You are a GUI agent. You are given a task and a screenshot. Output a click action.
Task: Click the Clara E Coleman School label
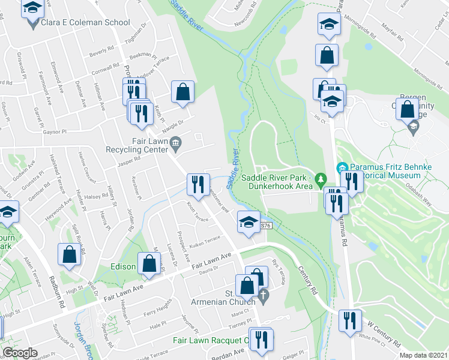tap(85, 23)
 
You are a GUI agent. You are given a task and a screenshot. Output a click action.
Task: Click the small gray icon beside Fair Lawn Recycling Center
tap(175, 142)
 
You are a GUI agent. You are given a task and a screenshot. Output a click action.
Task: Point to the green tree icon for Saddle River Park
tap(321, 179)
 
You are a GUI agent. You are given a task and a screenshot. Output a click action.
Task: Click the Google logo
tap(20, 353)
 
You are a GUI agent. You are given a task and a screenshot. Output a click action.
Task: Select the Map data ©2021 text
tap(423, 355)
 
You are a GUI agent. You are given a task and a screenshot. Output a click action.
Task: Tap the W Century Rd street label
tap(384, 334)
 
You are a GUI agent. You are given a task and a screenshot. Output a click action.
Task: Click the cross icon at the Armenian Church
tap(263, 294)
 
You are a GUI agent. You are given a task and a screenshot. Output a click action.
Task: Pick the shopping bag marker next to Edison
tap(149, 263)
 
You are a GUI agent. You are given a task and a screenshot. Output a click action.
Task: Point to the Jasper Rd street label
tap(128, 159)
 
